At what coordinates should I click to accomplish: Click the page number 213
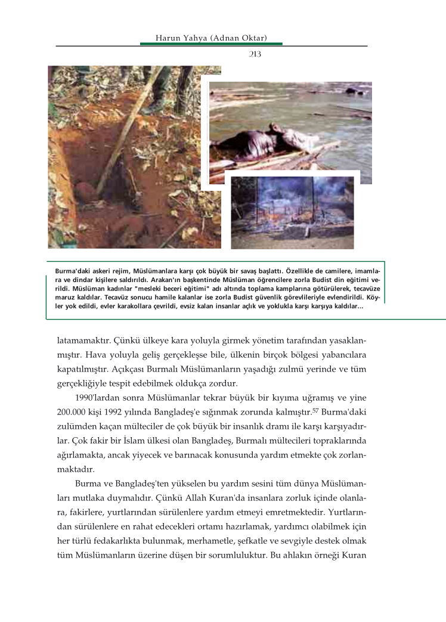255,54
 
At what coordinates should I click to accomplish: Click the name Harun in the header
168,38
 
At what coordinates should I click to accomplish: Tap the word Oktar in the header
255,38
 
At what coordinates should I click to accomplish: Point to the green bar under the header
211,44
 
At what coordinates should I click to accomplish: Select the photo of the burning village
292,212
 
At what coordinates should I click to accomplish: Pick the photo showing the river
290,128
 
